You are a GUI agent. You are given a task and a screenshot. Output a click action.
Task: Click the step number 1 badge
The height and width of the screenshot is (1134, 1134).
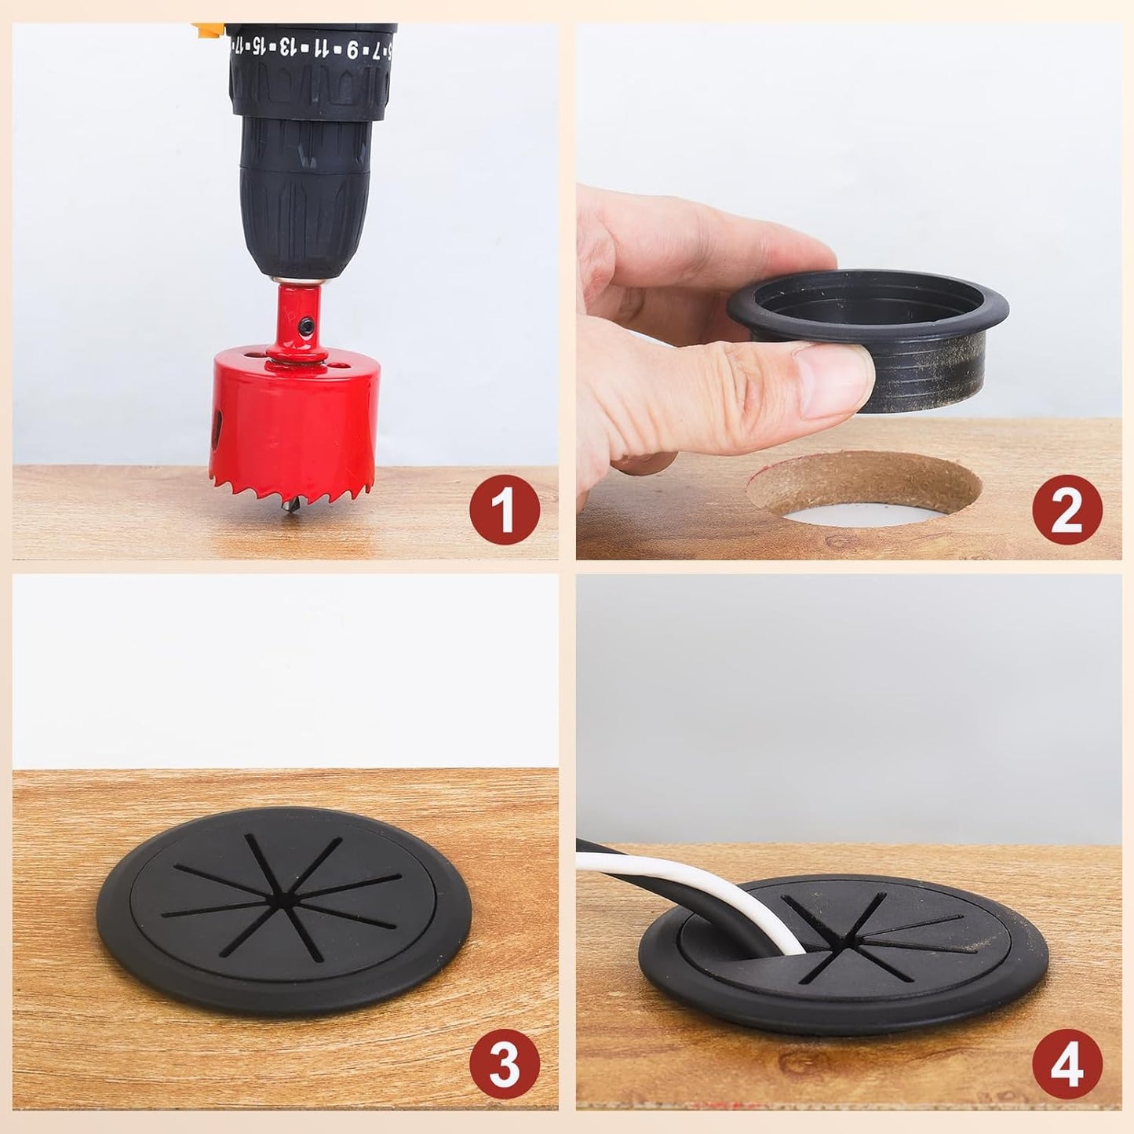pos(505,510)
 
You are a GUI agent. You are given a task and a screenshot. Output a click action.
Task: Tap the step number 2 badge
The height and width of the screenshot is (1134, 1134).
pos(1067,510)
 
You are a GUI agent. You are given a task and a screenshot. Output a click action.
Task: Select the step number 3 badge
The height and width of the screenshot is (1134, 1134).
pos(505,1066)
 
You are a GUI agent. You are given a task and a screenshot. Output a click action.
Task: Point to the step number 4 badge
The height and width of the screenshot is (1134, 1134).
pos(1067,1066)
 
